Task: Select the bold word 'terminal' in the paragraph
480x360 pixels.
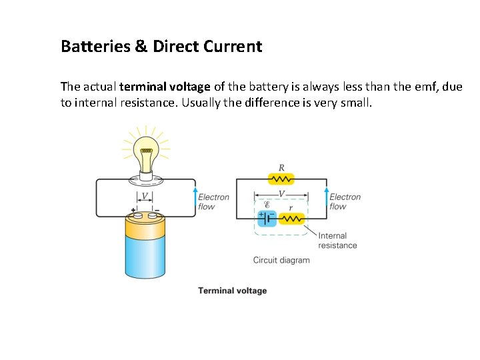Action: pyautogui.click(x=141, y=87)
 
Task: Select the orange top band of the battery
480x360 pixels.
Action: pyautogui.click(x=145, y=229)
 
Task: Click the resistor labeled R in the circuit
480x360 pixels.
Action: pyautogui.click(x=281, y=179)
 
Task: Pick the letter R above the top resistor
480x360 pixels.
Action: pyautogui.click(x=281, y=167)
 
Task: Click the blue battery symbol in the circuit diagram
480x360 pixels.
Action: pyautogui.click(x=267, y=219)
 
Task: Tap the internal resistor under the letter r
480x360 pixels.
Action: pyautogui.click(x=291, y=219)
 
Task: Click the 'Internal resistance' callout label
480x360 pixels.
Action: pyautogui.click(x=337, y=240)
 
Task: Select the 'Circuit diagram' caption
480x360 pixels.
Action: pyautogui.click(x=281, y=260)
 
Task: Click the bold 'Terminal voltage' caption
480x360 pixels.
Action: pyautogui.click(x=232, y=291)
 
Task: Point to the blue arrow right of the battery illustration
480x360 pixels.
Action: pyautogui.click(x=195, y=199)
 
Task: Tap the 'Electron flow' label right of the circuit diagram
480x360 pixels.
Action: pyautogui.click(x=345, y=201)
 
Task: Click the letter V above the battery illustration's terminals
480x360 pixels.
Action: pyautogui.click(x=145, y=197)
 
